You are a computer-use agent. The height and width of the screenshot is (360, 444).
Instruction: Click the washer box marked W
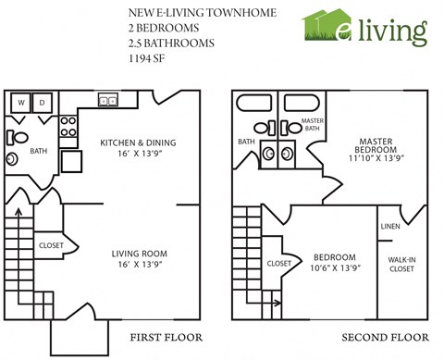click(x=21, y=102)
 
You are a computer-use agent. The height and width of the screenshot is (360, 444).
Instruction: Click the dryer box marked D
click(x=43, y=102)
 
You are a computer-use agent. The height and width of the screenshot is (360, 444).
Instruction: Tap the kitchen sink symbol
click(x=107, y=101)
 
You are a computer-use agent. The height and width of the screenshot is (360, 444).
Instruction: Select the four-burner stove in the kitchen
click(x=68, y=130)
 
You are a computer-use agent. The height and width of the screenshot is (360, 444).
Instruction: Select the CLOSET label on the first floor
click(x=50, y=246)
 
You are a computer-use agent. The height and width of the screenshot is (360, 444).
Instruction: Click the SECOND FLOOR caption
click(x=380, y=336)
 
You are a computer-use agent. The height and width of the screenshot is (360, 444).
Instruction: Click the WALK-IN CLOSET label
click(x=401, y=263)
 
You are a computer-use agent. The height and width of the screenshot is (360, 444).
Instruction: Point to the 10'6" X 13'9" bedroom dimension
click(x=334, y=268)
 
